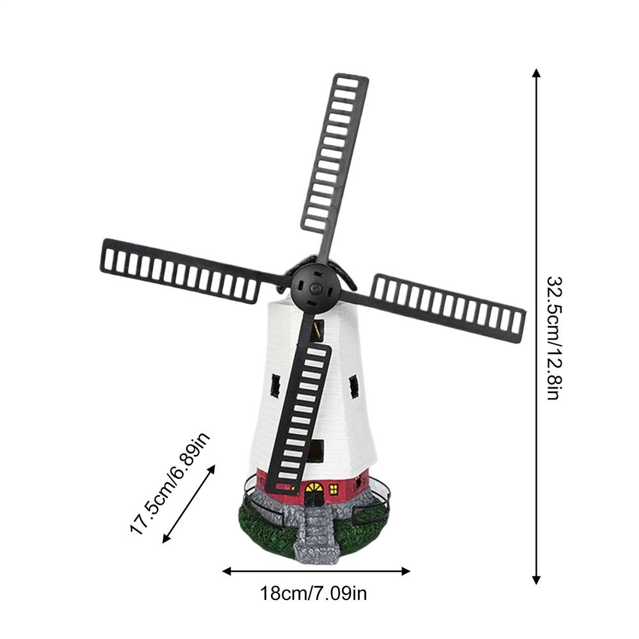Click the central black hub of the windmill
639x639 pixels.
click(x=314, y=289)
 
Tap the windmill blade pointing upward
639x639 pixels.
click(x=335, y=153)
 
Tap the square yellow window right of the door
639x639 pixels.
click(x=334, y=489)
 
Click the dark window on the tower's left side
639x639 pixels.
click(x=275, y=385)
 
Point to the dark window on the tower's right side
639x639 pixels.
click(x=353, y=387)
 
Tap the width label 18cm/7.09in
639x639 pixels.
click(x=314, y=594)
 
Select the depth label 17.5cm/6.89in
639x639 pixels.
click(x=170, y=484)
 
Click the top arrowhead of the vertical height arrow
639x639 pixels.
click(x=536, y=73)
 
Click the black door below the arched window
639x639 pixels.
click(x=314, y=499)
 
